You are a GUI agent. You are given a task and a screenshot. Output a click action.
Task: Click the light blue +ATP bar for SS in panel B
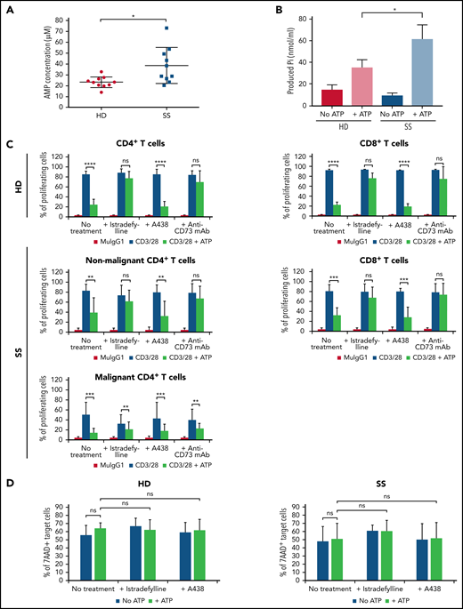tap(414, 71)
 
